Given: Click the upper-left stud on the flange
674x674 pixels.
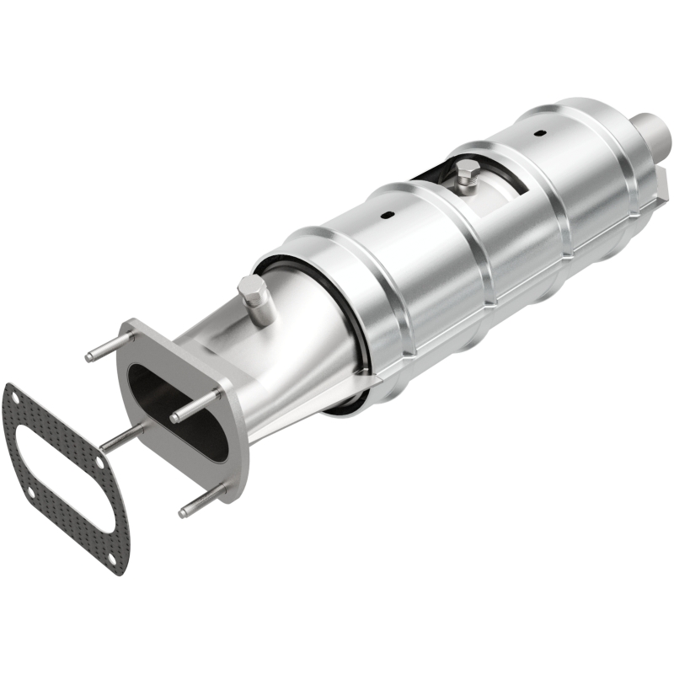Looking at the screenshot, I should coord(108,346).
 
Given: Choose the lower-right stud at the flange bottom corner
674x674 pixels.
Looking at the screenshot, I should coord(201,504).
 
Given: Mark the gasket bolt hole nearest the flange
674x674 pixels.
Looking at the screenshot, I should coord(99,466).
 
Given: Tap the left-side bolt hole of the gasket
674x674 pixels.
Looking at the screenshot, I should coord(27,494).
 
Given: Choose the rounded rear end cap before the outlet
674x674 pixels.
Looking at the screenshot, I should coord(607,126).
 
